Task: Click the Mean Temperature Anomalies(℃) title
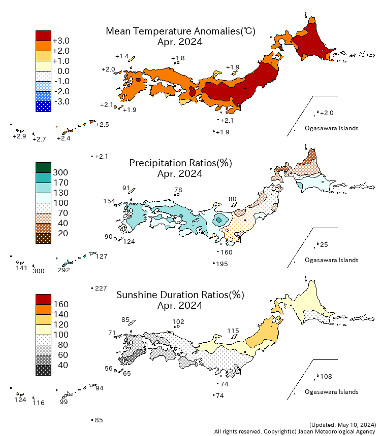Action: [x=180, y=31]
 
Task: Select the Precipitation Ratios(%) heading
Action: [x=180, y=163]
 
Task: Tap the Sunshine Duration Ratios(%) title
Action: [x=180, y=295]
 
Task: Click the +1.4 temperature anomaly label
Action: [x=122, y=56]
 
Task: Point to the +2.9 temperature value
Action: [x=19, y=136]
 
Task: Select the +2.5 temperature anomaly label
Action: [x=102, y=125]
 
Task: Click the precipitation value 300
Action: [x=39, y=271]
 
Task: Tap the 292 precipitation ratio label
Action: [x=63, y=270]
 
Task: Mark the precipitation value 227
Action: [x=101, y=288]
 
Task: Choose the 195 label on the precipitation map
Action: [x=222, y=264]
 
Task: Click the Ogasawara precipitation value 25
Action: [x=324, y=245]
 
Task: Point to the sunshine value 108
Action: [x=326, y=377]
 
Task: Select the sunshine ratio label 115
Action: [x=233, y=331]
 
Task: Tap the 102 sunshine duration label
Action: [x=178, y=321]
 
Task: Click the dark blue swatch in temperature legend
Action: [x=43, y=106]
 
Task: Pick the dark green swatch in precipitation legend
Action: [x=43, y=167]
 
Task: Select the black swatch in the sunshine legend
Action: [x=43, y=370]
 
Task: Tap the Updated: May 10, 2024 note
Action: [x=342, y=424]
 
